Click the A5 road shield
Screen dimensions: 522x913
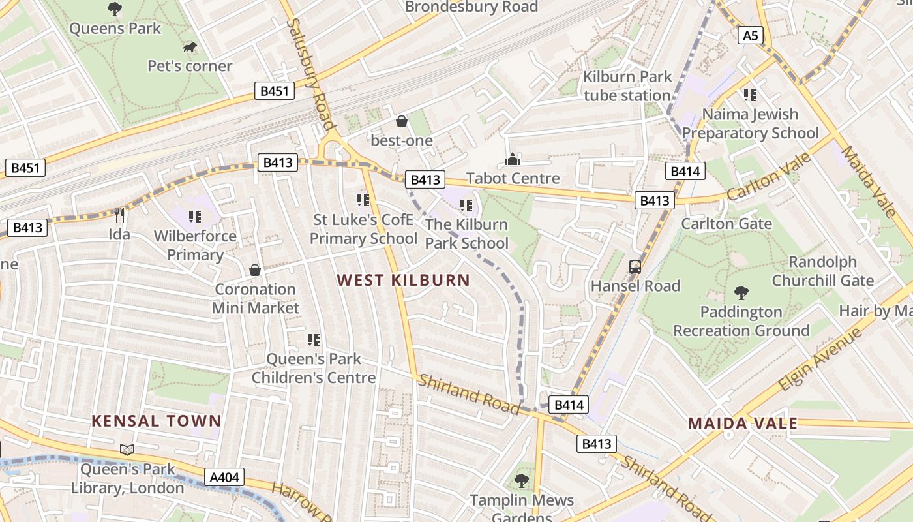(x=751, y=35)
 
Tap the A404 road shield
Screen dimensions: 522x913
(x=224, y=478)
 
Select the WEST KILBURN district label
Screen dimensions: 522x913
(x=403, y=281)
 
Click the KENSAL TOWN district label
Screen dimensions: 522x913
(x=157, y=421)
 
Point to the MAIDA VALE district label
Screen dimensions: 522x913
(x=743, y=423)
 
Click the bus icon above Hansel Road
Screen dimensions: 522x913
(x=635, y=266)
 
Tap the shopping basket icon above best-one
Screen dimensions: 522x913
(x=402, y=121)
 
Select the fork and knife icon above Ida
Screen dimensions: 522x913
(x=119, y=215)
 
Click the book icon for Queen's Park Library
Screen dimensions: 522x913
(x=127, y=450)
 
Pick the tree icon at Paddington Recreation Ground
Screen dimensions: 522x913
(x=741, y=292)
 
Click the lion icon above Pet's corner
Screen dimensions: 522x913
(x=190, y=47)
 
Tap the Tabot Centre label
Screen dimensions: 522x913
(x=513, y=178)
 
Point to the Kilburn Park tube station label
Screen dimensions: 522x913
(x=627, y=86)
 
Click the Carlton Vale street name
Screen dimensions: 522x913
(x=770, y=177)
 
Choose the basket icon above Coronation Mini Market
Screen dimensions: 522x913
(x=255, y=270)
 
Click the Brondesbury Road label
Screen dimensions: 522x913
(x=471, y=7)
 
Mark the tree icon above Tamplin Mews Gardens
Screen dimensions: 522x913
(x=521, y=482)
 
